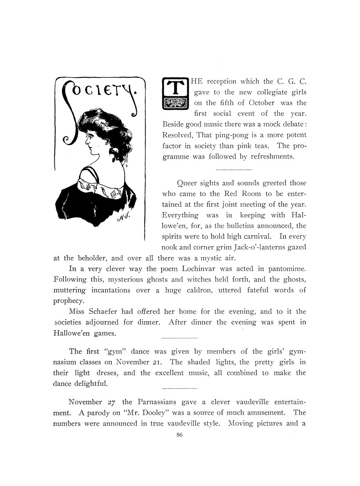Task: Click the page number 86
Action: click(180, 435)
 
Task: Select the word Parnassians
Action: click(157, 402)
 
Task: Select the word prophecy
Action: click(66, 301)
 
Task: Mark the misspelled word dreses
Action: click(104, 373)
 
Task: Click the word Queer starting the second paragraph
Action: click(187, 183)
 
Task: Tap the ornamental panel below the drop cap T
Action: click(175, 103)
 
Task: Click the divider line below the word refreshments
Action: click(234, 169)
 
